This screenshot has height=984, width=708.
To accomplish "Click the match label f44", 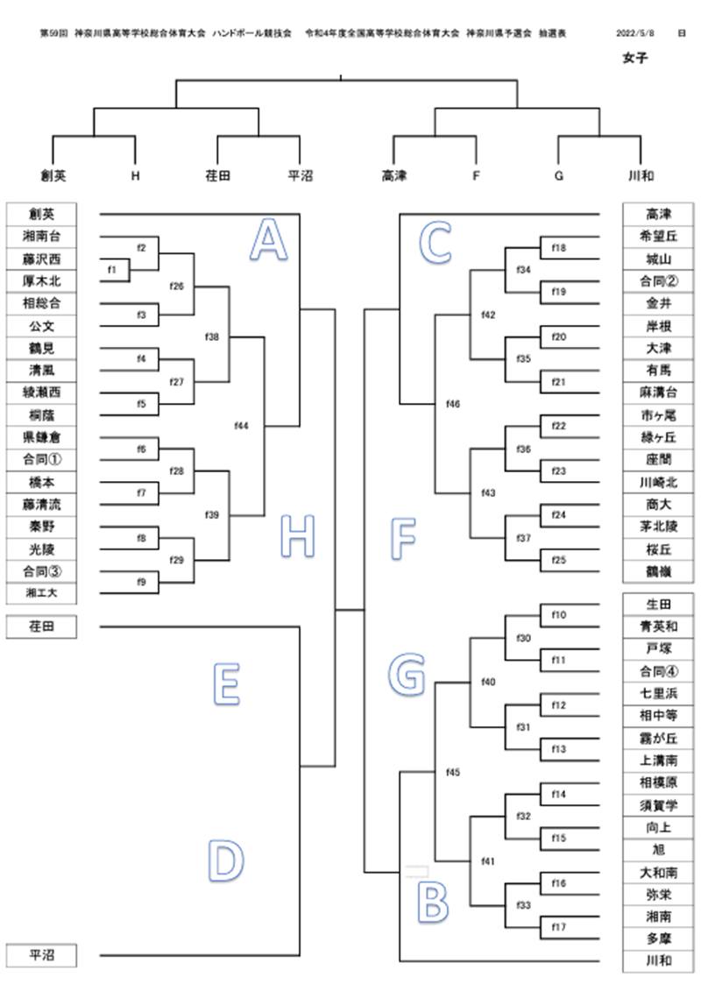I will [242, 426].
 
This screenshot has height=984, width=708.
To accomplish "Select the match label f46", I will [453, 404].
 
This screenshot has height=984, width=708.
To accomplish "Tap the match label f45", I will [453, 772].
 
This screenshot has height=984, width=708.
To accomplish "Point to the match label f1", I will [112, 270].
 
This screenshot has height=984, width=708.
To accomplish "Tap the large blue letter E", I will [226, 683].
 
